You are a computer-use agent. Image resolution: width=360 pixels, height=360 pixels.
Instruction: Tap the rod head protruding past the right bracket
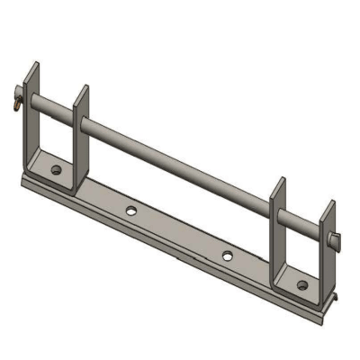coord(336,238)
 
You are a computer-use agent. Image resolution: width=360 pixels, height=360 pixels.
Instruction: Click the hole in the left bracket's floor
coord(56,169)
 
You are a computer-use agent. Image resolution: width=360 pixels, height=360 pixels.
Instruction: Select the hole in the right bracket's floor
coord(303,286)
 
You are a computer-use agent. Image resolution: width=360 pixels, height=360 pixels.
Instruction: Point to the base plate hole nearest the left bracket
coord(131,211)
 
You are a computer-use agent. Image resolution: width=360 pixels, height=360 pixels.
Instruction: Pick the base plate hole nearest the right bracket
coord(227,255)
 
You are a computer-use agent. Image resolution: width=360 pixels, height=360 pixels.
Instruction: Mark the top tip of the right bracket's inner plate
coord(280,179)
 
